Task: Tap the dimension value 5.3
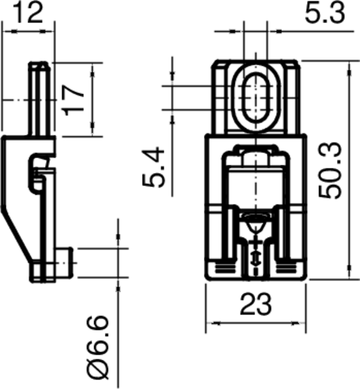(x=324, y=14)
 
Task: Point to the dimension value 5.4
(x=155, y=168)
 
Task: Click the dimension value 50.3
(x=331, y=170)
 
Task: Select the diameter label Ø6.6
(x=97, y=348)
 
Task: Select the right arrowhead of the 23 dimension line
(x=301, y=322)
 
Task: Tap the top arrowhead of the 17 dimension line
(x=91, y=69)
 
